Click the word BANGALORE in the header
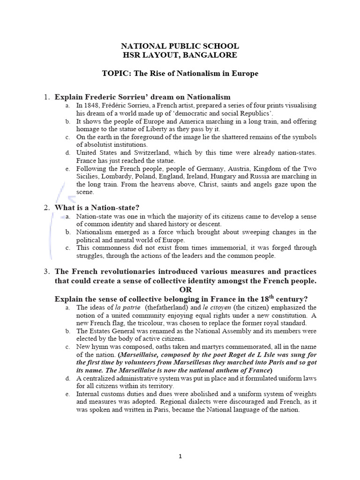coord(213,55)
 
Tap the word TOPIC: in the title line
coord(116,74)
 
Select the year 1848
coord(92,106)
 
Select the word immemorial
coord(209,248)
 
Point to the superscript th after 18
coord(269,296)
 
